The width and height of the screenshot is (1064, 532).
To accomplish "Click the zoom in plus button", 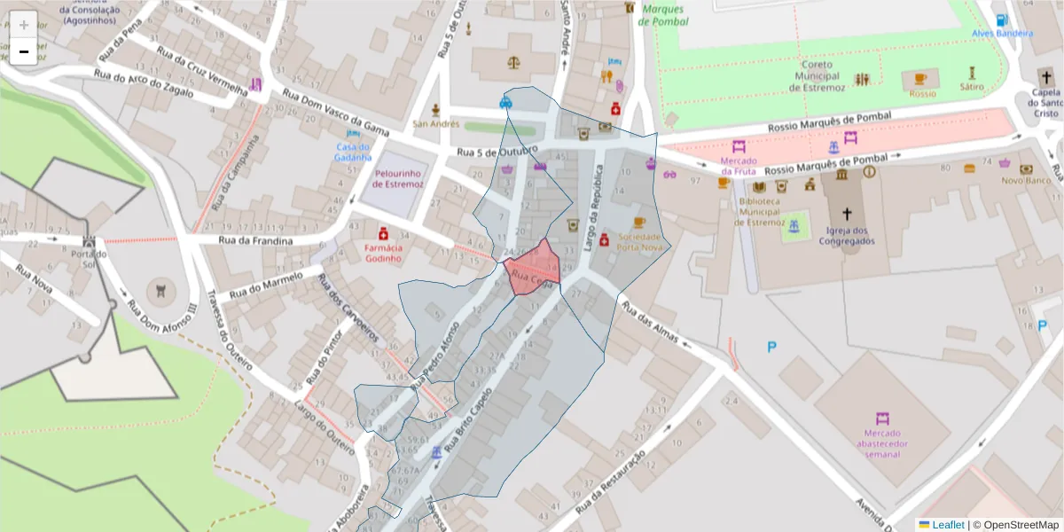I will click(24, 25).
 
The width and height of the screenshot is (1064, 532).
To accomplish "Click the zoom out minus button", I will click(24, 51).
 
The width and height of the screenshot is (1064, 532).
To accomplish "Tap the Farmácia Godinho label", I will click(383, 254).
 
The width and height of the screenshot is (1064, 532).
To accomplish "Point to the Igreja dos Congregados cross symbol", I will click(847, 214).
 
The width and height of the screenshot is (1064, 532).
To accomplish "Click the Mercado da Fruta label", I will click(739, 166).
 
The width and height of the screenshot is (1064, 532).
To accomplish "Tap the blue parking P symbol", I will click(771, 348).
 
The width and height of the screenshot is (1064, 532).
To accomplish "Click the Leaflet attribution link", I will click(947, 525).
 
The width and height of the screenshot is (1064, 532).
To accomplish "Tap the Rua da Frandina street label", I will click(255, 241).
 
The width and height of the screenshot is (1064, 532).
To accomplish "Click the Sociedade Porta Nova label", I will click(639, 242).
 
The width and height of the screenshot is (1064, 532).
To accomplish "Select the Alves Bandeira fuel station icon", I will click(1001, 20).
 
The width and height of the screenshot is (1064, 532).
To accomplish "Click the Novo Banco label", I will click(1026, 180).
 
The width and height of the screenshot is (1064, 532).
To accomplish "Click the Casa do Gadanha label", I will click(353, 152).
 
